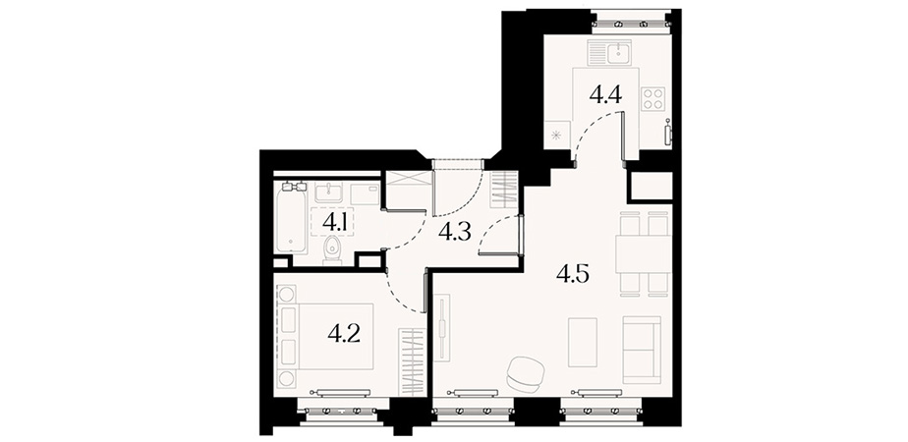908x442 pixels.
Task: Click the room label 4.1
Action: tap(335, 221)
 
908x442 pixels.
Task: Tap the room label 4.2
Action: tap(344, 333)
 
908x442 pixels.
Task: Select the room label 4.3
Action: tap(455, 232)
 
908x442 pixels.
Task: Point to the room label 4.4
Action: tap(605, 93)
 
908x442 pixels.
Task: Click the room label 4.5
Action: tap(573, 274)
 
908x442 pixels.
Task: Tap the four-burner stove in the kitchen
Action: tap(653, 98)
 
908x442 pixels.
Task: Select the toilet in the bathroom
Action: tap(332, 250)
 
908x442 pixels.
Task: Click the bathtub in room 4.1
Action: tap(291, 217)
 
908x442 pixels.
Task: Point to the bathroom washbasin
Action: tap(329, 192)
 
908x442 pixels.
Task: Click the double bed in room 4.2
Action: tap(325, 336)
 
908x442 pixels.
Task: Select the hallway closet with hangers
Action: tap(503, 190)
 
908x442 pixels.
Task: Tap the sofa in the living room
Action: tap(642, 350)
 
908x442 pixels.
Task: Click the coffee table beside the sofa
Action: tap(582, 342)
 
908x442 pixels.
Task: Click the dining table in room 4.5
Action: tap(643, 254)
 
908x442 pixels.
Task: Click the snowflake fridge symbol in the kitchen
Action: tap(556, 136)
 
